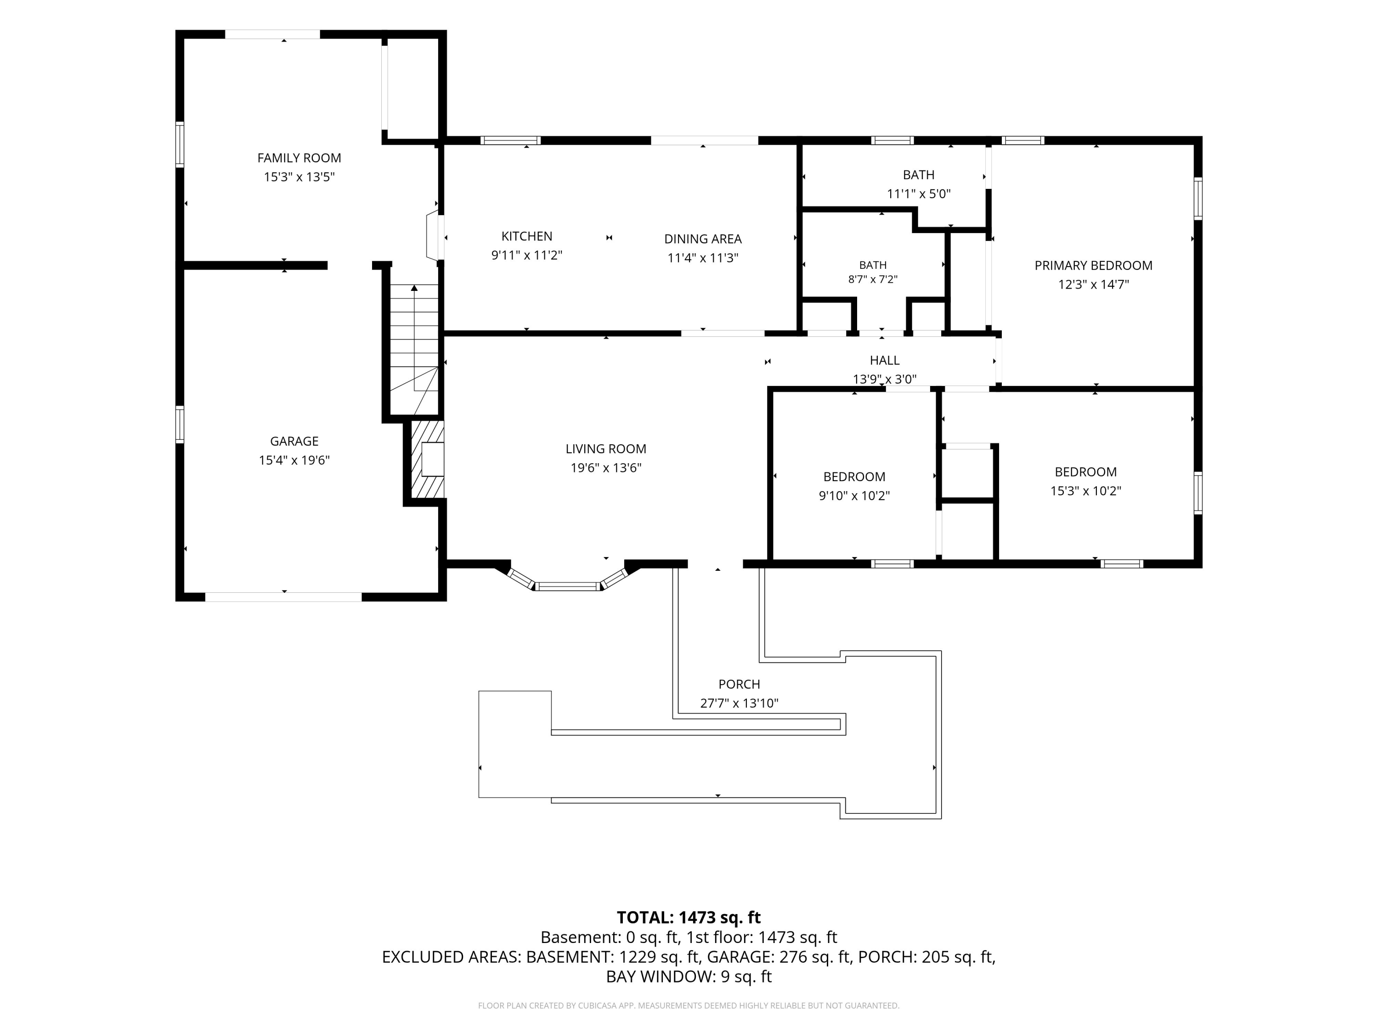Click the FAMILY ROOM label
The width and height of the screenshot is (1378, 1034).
[299, 158]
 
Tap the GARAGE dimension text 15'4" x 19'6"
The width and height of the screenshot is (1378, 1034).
[294, 460]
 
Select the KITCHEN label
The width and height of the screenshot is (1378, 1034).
[527, 236]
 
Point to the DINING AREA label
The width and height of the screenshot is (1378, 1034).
[703, 239]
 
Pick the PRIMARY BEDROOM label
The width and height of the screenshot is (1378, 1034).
[1093, 266]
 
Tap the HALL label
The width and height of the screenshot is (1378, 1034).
[885, 360]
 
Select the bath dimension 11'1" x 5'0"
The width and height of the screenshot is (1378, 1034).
[919, 194]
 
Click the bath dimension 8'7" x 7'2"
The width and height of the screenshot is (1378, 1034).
[873, 280]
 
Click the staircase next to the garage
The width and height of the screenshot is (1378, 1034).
[414, 349]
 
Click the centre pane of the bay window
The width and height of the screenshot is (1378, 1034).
[568, 586]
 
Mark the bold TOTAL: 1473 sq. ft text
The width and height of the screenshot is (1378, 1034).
[689, 917]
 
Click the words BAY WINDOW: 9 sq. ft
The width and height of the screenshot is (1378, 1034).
[689, 977]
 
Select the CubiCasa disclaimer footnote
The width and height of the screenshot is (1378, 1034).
[689, 1006]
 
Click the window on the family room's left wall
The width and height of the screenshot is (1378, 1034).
[180, 145]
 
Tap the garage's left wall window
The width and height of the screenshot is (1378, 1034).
[180, 425]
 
